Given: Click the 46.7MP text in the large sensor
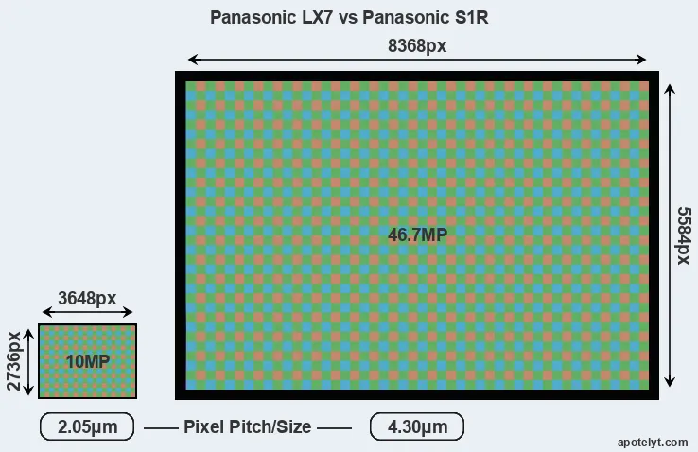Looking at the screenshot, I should pyautogui.click(x=417, y=235).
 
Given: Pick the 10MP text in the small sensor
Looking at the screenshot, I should pyautogui.click(x=88, y=361).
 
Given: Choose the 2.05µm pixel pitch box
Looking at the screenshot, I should pyautogui.click(x=87, y=427).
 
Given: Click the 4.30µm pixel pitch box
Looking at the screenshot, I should pyautogui.click(x=416, y=427).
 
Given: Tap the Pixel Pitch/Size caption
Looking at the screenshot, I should pyautogui.click(x=247, y=427).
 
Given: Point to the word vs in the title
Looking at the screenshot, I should pyautogui.click(x=340, y=18).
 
